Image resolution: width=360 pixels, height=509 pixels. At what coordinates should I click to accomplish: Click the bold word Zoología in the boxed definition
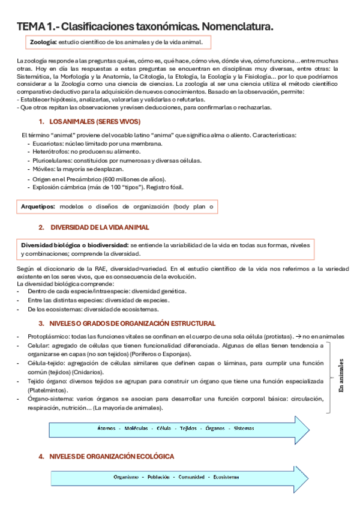[43, 43]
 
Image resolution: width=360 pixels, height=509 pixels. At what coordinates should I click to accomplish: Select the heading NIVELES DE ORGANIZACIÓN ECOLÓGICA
[112, 457]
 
